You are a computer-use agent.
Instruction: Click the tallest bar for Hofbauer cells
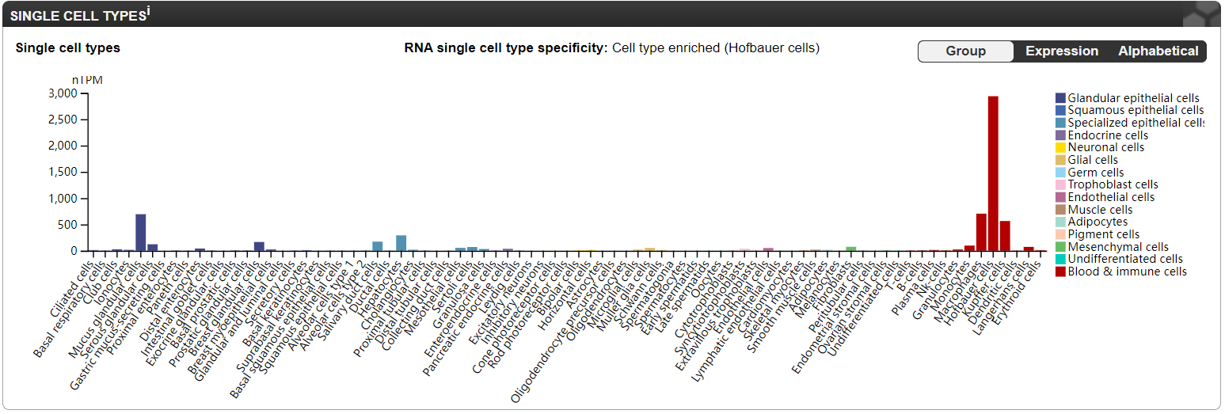[993, 173]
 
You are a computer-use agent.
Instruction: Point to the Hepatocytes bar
[401, 243]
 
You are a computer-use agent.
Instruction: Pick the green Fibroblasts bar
[851, 249]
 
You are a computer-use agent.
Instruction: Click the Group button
[966, 51]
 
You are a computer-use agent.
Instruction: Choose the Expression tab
[1062, 51]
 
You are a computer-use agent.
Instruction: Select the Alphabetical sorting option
[1158, 51]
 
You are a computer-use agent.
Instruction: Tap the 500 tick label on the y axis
[67, 225]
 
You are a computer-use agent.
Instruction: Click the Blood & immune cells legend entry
[1127, 272]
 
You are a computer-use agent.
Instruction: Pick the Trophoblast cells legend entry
[1113, 184]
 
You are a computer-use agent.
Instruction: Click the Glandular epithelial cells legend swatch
[1060, 98]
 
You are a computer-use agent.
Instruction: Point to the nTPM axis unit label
[87, 80]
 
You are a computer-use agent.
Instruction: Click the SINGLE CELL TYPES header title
[79, 15]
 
